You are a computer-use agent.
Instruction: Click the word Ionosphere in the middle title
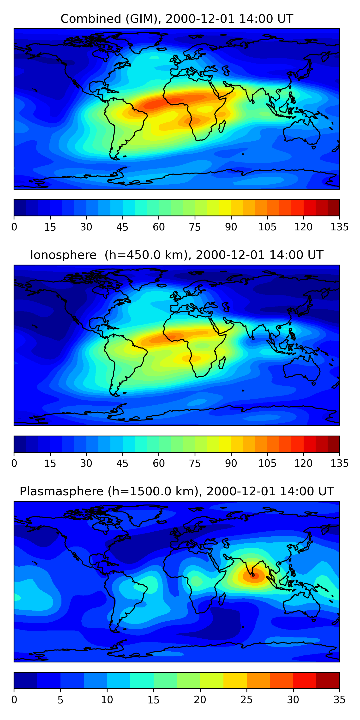[x=63, y=255]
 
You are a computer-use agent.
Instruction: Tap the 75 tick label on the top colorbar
[x=195, y=227]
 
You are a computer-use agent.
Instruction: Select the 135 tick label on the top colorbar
[x=339, y=227]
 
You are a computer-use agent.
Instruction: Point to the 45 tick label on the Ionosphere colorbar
[x=122, y=463]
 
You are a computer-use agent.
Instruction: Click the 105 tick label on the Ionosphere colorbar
[x=267, y=463]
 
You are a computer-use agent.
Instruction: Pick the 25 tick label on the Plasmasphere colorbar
[x=246, y=700]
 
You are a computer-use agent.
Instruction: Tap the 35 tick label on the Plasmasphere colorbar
[x=339, y=700]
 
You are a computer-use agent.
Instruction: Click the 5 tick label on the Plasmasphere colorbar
[x=60, y=700]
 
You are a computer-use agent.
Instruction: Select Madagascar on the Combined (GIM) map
[x=222, y=126]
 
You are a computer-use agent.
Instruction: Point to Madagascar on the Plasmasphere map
[x=222, y=599]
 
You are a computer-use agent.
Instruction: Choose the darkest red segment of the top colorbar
[x=333, y=208]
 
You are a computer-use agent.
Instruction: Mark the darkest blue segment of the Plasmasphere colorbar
[x=25, y=680]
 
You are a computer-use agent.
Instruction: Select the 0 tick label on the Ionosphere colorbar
[x=14, y=463]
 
